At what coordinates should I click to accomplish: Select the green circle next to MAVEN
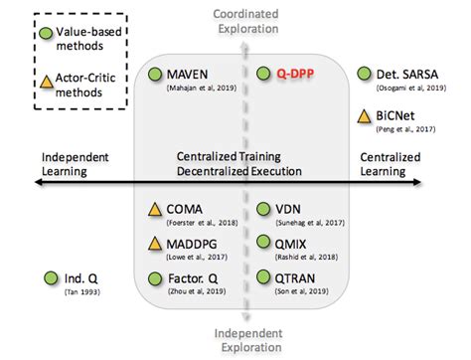pos(154,74)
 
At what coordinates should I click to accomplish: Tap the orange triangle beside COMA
pos(154,210)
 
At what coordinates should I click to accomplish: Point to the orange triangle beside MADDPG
pos(154,244)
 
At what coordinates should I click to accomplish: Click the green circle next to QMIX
pos(264,243)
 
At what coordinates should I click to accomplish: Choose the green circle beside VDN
pos(264,210)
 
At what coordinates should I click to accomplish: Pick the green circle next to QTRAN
pos(264,276)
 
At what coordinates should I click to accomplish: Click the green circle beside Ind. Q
pos(50,279)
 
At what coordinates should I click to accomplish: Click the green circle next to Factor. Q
pos(154,278)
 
